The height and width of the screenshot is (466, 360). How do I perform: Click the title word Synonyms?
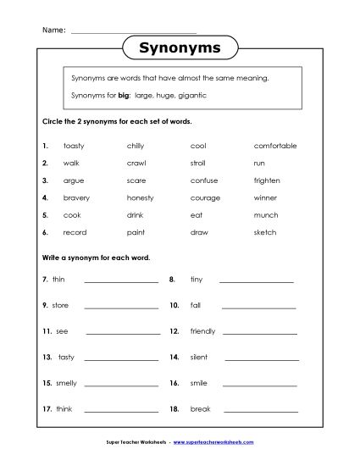point(179,49)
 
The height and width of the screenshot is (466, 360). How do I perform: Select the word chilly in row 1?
point(136,146)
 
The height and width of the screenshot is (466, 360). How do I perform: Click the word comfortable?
point(274,146)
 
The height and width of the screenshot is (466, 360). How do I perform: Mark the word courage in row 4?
point(205,197)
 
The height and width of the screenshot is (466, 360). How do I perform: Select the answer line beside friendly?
point(260,333)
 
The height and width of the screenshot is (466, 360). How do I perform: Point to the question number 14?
point(174,358)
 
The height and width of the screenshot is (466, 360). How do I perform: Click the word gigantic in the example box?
point(191,96)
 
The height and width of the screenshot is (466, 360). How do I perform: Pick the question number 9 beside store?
point(44,305)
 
